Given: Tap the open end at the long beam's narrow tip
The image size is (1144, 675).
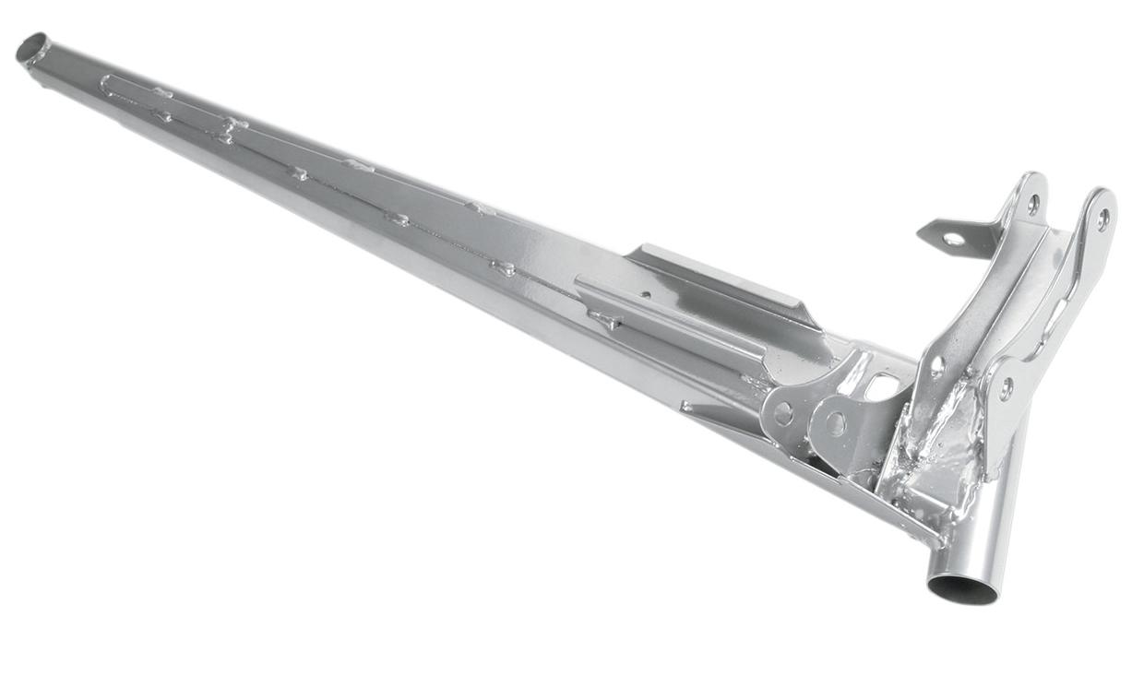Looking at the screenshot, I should click(x=32, y=47).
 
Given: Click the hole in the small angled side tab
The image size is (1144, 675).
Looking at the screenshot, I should click(x=953, y=239).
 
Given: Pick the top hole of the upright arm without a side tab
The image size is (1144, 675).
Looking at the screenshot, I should click(x=1102, y=219).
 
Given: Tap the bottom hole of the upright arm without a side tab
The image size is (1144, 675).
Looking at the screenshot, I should click(x=1006, y=388).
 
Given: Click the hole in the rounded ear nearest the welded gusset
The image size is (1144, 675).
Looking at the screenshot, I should click(x=834, y=423).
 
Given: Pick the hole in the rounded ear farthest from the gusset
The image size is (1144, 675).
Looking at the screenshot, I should click(x=783, y=414).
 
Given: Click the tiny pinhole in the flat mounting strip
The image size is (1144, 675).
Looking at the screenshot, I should click(x=645, y=295).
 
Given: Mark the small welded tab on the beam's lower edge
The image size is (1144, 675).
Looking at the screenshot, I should click(x=687, y=406).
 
